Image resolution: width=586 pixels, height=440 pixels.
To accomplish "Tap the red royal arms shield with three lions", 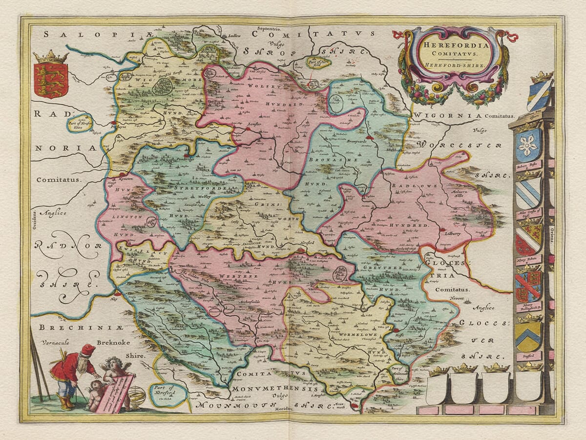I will pyautogui.click(x=51, y=80).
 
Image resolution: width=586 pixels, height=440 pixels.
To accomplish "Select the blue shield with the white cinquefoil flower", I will pyautogui.click(x=528, y=145).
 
